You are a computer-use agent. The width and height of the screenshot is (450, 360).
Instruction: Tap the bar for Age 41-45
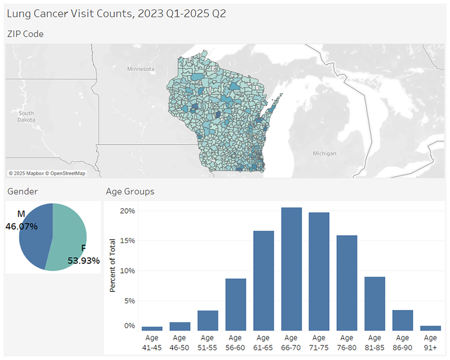152,328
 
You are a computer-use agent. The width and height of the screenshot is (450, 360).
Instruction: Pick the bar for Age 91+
430,328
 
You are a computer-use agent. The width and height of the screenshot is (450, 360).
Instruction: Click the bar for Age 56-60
236,304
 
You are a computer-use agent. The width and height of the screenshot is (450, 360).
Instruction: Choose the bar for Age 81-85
375,304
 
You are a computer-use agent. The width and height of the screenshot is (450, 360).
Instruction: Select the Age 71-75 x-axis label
319,342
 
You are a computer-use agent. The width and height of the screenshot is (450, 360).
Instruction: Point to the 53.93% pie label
84,260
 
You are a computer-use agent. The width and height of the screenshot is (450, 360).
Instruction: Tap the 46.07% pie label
21,227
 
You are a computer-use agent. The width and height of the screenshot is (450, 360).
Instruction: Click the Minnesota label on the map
141,69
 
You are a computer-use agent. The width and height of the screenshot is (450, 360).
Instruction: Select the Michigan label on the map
325,153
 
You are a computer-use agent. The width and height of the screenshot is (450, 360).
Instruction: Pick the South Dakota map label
26,116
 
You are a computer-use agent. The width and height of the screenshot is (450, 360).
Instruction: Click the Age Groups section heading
130,192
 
